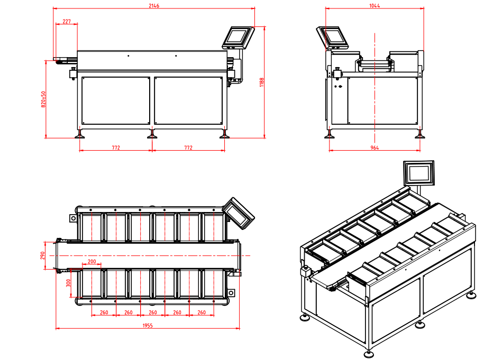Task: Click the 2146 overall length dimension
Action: point(154,6)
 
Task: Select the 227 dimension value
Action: point(67,21)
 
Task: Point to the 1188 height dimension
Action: point(262,82)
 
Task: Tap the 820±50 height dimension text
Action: point(43,99)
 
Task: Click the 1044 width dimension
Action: point(375,6)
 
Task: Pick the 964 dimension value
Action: point(375,148)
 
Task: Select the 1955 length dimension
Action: point(148,326)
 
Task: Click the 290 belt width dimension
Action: point(43,256)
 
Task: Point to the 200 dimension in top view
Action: point(92,261)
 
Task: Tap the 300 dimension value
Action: point(68,283)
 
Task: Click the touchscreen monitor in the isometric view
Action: point(419,173)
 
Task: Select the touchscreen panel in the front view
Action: point(238,38)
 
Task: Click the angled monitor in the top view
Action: point(238,214)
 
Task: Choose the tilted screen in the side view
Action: point(332,38)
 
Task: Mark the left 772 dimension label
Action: point(116,148)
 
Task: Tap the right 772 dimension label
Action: point(188,148)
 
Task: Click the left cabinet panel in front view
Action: point(116,100)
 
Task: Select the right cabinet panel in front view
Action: point(188,100)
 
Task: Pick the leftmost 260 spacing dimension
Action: point(104,312)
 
